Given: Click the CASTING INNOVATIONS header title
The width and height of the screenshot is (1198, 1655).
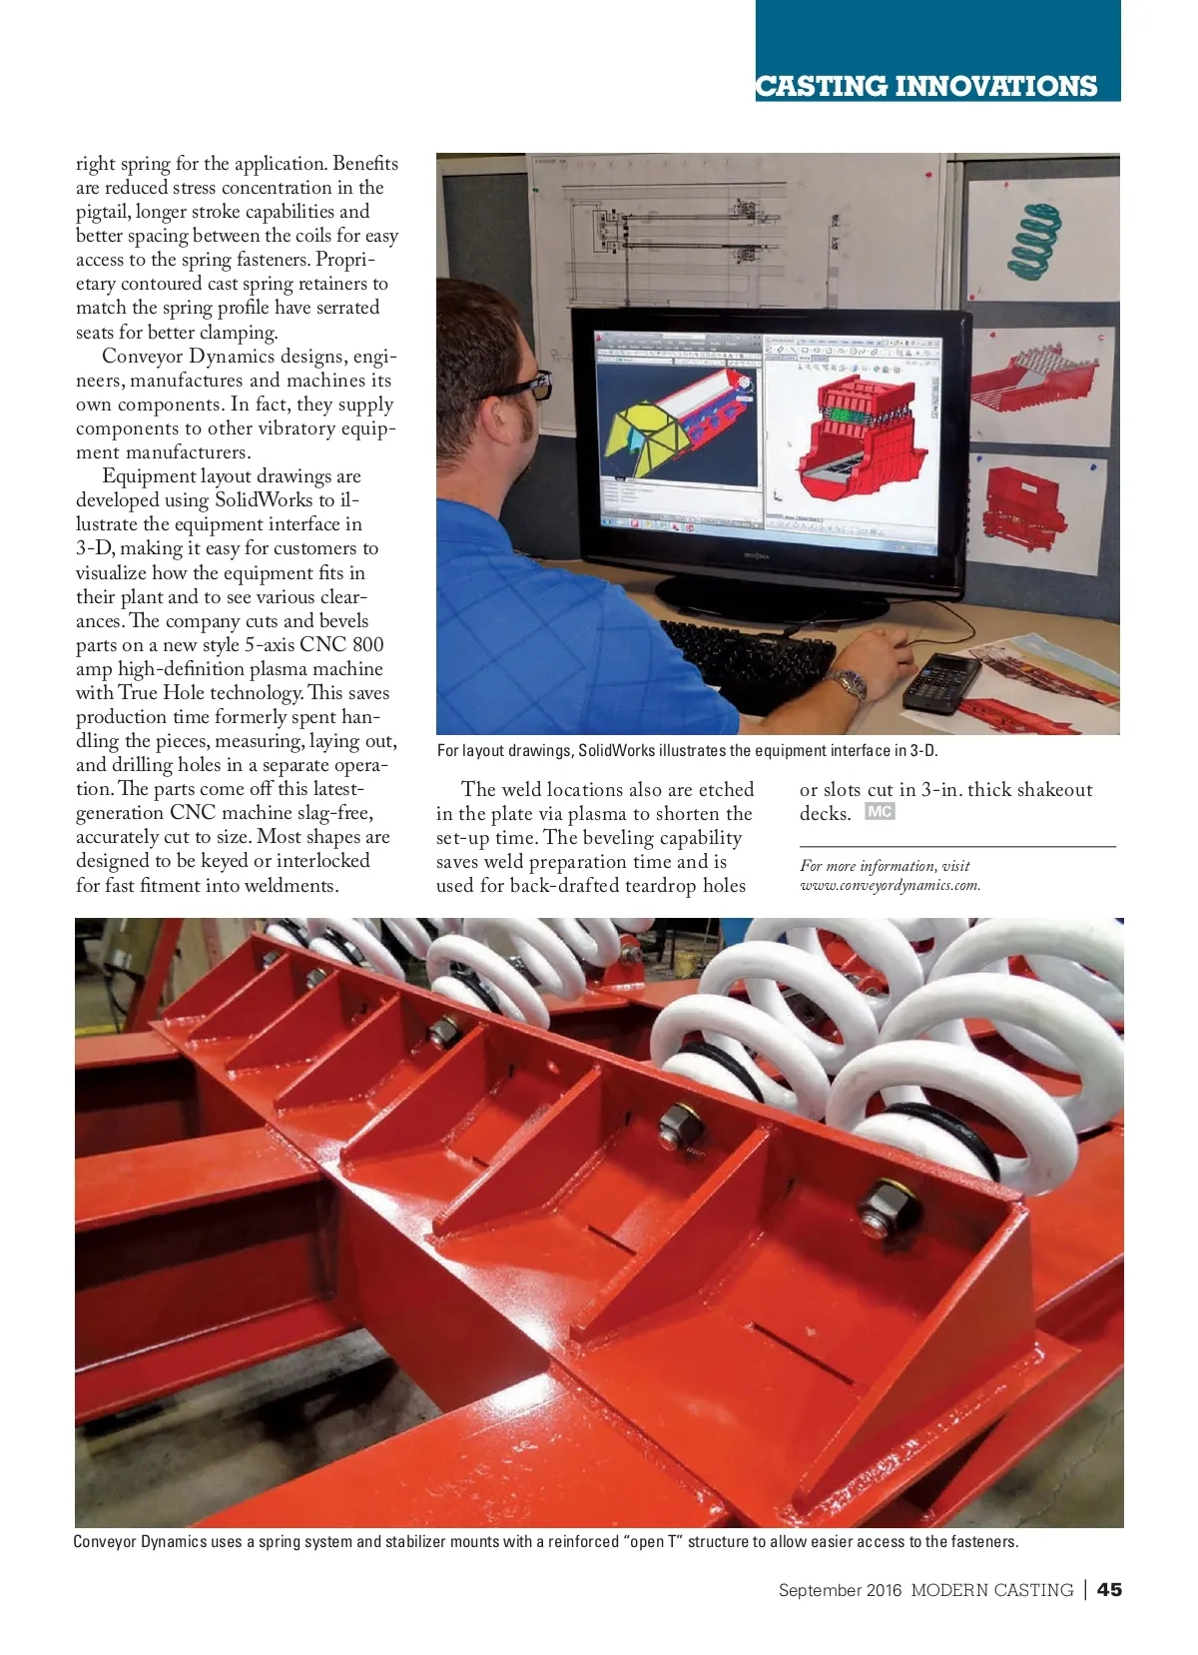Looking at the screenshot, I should [926, 86].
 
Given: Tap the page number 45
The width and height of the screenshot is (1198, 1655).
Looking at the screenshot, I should [1109, 1589].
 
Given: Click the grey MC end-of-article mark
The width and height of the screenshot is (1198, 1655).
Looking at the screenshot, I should [880, 812].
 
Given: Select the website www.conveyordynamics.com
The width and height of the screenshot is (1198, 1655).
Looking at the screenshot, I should [890, 885].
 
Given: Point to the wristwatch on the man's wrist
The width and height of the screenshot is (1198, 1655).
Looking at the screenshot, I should [851, 684].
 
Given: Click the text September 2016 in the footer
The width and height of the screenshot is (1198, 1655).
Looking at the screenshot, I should [840, 1590].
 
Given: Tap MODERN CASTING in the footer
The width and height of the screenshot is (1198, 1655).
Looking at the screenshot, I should [991, 1590].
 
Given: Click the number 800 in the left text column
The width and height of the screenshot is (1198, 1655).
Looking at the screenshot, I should [367, 645].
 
